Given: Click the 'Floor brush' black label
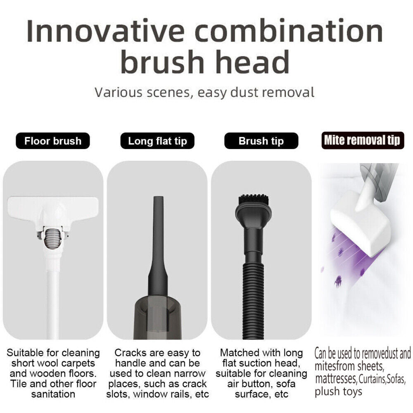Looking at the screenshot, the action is click(53, 141).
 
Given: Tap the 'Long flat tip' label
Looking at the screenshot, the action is click(157, 141).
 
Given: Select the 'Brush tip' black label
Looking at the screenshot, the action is click(261, 141).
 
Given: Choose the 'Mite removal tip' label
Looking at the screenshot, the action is click(363, 140).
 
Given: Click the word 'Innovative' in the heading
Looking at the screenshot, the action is click(106, 31).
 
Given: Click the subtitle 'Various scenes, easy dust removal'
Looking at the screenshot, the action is click(204, 93).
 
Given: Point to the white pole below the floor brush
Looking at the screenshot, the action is click(53, 298).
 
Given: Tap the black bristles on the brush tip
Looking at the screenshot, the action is click(254, 200).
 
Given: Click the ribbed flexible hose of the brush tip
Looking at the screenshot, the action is click(253, 300).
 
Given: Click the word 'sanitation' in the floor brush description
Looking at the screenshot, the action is click(53, 394).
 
